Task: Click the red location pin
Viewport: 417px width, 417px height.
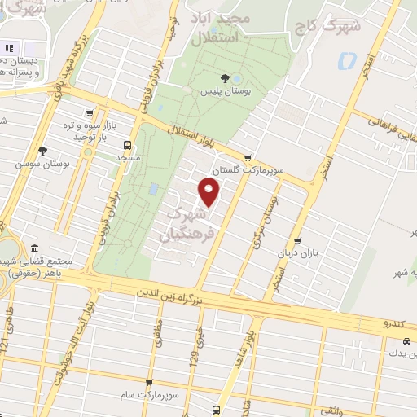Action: point(210,193)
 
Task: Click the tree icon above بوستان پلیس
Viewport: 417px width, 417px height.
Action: point(236,78)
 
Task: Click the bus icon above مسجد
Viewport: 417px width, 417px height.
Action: point(126,144)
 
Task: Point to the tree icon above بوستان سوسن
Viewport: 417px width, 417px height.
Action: point(42,151)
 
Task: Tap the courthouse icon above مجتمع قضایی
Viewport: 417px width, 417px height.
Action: point(33,248)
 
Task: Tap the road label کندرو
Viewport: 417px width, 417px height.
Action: point(394,324)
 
